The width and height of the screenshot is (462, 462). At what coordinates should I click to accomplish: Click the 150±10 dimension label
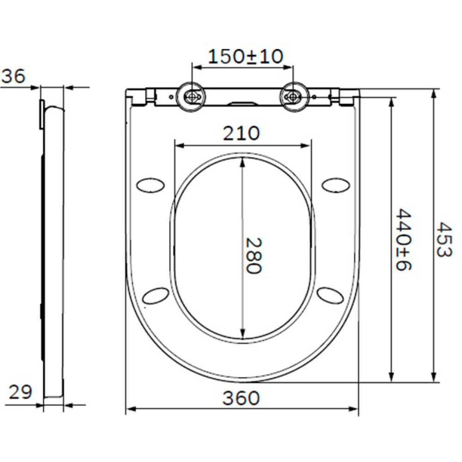[245, 56]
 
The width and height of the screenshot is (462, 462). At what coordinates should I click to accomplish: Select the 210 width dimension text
[241, 134]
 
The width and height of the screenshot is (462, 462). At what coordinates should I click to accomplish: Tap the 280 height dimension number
[253, 256]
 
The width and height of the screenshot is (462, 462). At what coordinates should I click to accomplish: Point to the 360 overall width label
[241, 398]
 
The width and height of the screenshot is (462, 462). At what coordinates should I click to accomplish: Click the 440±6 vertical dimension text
[403, 239]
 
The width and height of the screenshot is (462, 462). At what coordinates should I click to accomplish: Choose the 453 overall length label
[444, 239]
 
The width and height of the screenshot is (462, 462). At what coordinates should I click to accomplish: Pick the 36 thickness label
[13, 76]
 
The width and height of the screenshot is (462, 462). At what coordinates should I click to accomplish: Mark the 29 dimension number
[20, 392]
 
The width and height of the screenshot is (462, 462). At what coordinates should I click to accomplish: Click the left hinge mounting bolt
[191, 97]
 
